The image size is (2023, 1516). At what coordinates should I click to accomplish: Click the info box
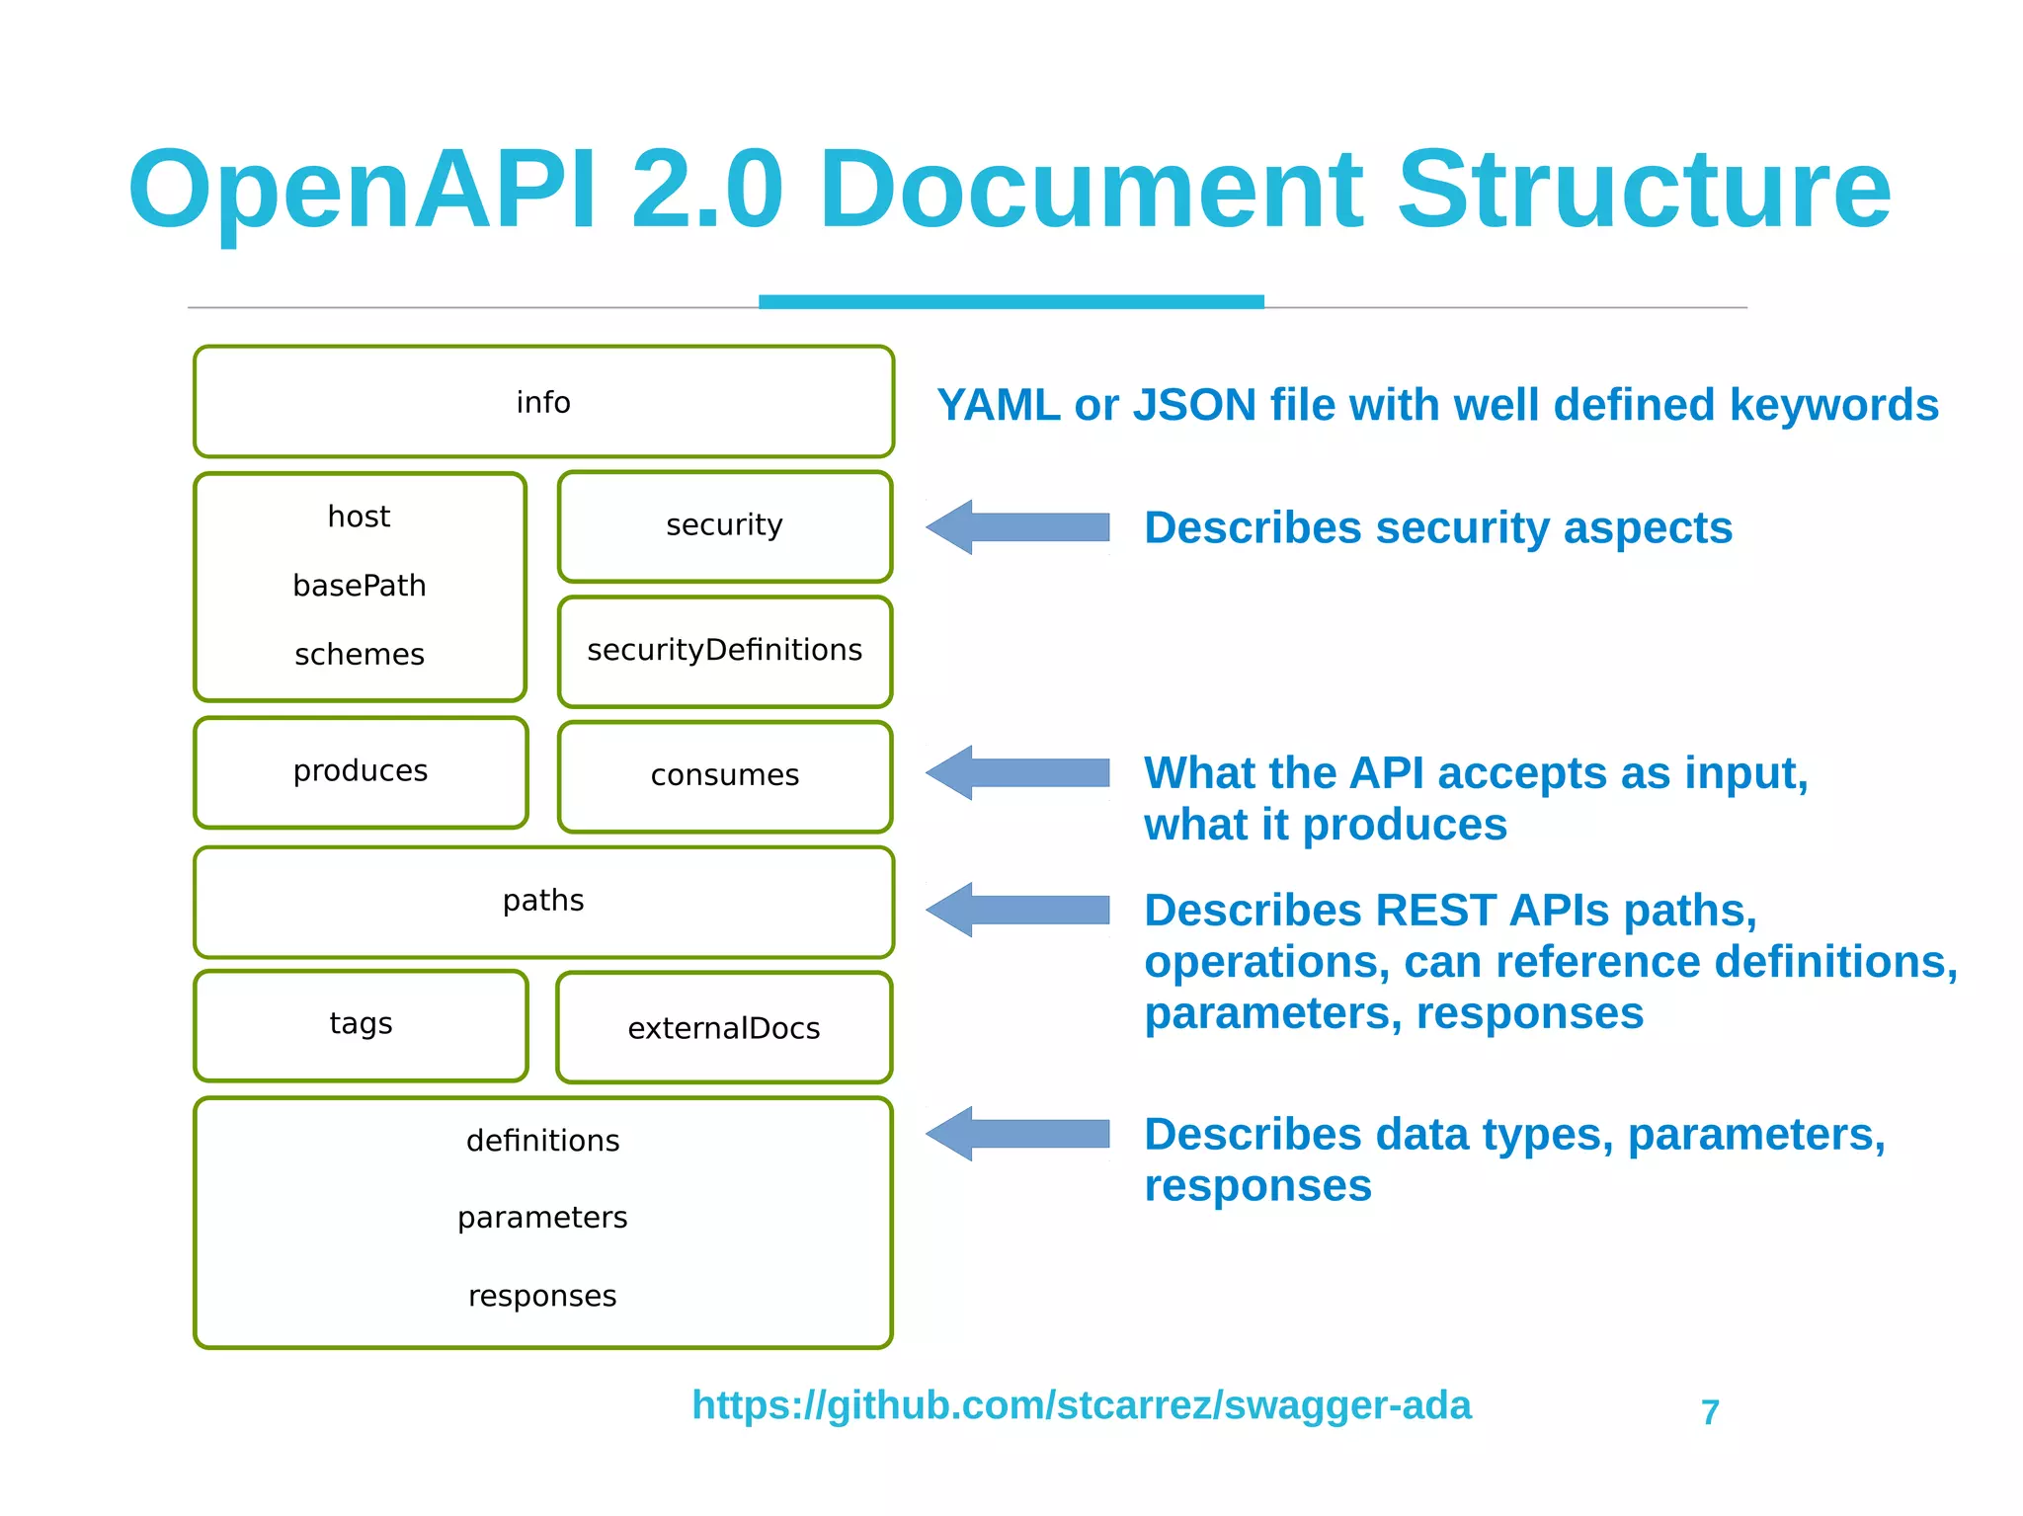tap(543, 402)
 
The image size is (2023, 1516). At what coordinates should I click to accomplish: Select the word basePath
tap(360, 586)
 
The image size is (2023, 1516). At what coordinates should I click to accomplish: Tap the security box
tap(724, 525)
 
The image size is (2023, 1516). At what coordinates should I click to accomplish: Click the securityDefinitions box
tap(724, 651)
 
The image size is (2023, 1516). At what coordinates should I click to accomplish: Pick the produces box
tap(361, 771)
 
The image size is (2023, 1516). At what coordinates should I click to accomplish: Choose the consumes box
tap(724, 776)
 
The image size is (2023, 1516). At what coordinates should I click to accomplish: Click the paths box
tap(543, 901)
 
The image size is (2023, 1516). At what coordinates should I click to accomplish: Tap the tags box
tap(361, 1024)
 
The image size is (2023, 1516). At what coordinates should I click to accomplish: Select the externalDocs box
tap(724, 1028)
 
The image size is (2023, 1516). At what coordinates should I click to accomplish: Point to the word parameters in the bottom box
tap(542, 1218)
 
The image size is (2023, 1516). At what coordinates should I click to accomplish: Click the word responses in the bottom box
tap(542, 1296)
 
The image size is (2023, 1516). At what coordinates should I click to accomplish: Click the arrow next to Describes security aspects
tap(1017, 527)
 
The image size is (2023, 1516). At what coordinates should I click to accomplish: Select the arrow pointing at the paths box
tap(1017, 910)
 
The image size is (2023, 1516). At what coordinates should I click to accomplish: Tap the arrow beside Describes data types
tap(1017, 1134)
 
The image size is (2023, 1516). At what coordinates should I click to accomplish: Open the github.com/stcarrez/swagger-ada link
tap(1081, 1404)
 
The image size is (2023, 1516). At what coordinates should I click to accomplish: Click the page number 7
tap(1710, 1412)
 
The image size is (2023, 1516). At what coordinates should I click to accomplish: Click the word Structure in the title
tap(1643, 190)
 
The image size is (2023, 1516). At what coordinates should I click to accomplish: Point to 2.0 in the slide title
tap(706, 190)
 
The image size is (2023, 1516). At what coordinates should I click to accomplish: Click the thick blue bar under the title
tap(1011, 301)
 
